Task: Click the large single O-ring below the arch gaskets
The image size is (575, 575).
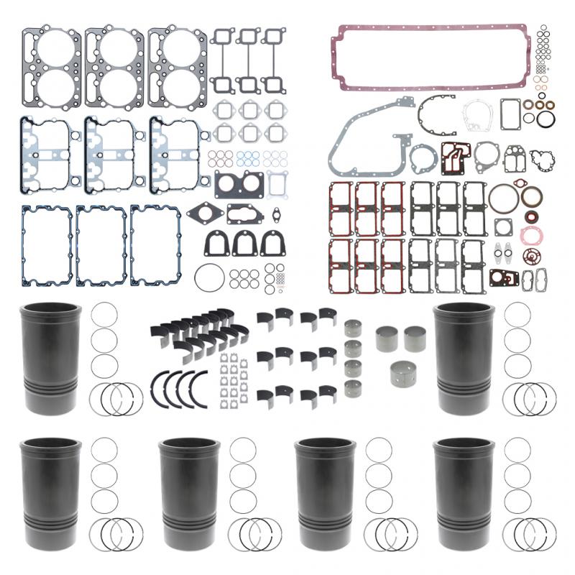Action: [x=208, y=277]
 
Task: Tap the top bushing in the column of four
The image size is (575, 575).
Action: [x=353, y=329]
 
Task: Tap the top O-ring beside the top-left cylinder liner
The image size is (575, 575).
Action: [x=105, y=315]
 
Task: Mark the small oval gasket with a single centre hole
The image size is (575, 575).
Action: [x=275, y=213]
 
